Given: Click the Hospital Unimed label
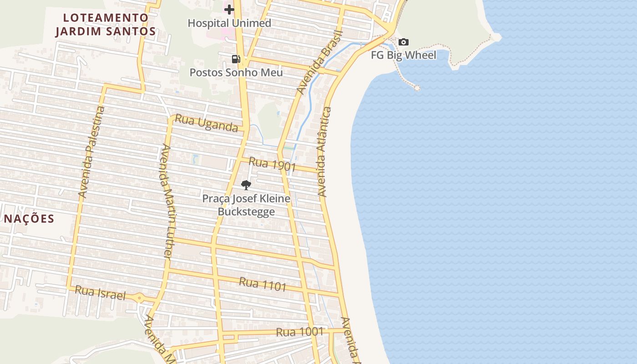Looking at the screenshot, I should (x=229, y=23).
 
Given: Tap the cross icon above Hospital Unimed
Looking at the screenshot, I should (x=229, y=9).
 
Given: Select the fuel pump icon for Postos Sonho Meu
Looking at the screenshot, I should (x=236, y=59).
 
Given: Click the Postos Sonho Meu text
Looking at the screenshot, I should (x=236, y=72).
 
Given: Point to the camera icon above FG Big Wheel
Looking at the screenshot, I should (x=404, y=42).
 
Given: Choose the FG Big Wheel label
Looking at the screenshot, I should (x=404, y=56).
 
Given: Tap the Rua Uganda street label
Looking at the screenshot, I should (x=207, y=123).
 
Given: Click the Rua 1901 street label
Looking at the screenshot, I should (x=272, y=164).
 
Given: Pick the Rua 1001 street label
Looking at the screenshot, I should (x=299, y=332).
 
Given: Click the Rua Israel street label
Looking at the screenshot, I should (x=100, y=293).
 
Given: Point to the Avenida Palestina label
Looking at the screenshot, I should (x=91, y=152).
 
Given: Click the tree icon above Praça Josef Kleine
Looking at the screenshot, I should (x=246, y=185).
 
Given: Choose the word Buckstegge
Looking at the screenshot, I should (x=246, y=212).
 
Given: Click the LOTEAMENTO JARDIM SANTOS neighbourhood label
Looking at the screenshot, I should (x=106, y=25).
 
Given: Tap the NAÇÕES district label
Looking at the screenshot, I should (x=29, y=219).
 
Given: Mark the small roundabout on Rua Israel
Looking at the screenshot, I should (x=140, y=298).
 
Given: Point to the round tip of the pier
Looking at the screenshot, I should (x=417, y=88).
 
